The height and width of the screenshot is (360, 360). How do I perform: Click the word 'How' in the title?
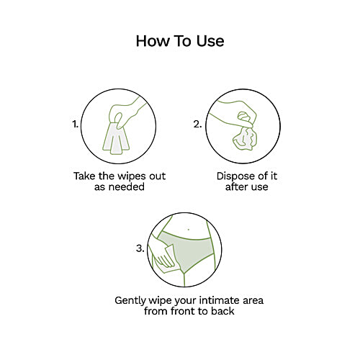153,41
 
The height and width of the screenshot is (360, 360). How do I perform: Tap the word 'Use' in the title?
210,41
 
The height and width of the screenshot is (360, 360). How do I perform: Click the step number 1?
75,124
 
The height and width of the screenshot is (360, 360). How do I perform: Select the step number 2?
197,124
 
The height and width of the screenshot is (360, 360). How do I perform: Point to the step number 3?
140,248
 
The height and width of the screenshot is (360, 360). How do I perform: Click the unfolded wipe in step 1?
116,139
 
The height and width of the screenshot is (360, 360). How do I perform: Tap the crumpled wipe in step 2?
245,138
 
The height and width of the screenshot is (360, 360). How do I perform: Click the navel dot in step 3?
189,230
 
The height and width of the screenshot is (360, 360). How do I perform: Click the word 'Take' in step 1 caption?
84,176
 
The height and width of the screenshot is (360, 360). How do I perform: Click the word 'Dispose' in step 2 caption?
235,176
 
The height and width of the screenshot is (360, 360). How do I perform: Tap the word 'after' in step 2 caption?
235,186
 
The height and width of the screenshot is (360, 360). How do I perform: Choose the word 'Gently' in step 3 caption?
130,301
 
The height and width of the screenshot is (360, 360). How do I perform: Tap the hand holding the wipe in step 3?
160,254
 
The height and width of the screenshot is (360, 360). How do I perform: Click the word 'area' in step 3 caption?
253,301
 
